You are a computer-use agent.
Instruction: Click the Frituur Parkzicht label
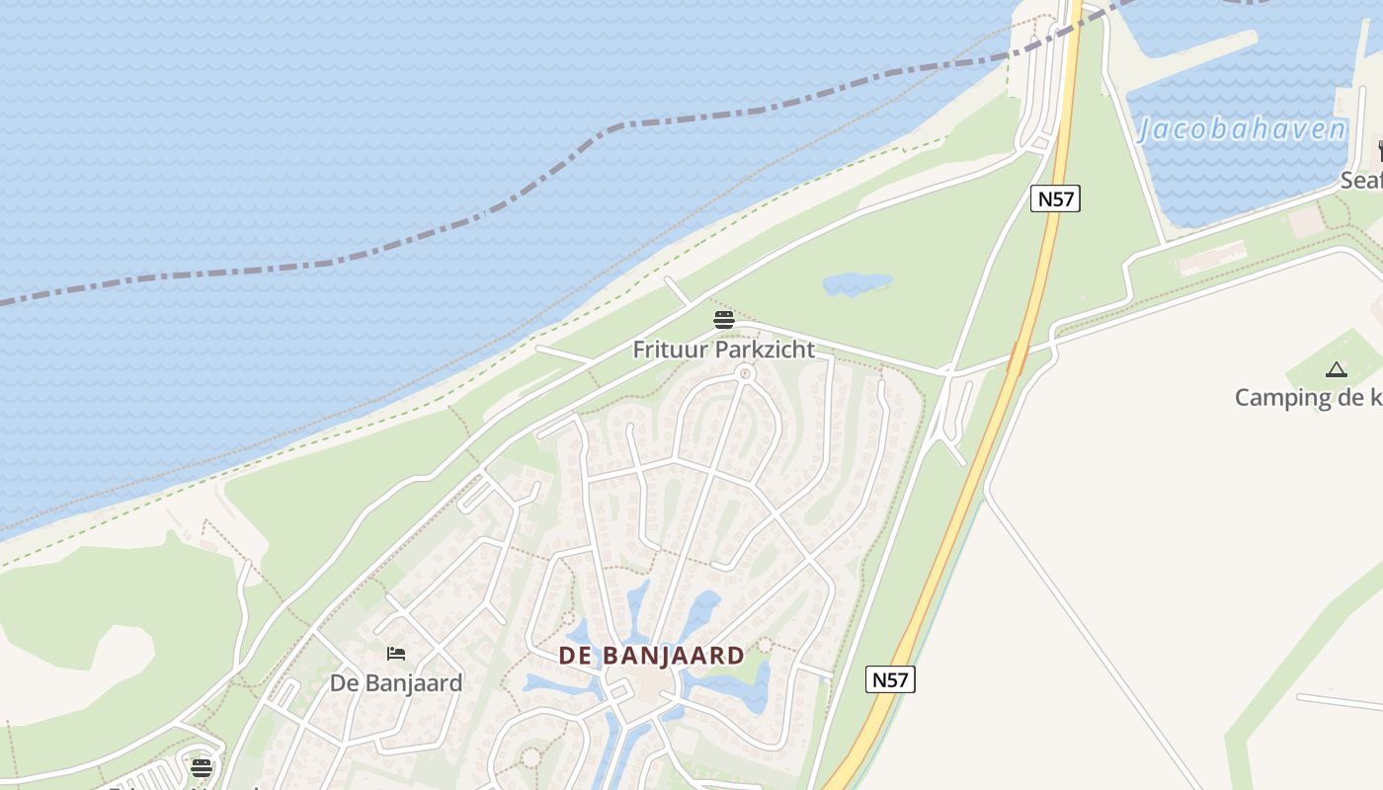tap(723, 350)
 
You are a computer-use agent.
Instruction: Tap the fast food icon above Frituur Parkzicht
tap(724, 320)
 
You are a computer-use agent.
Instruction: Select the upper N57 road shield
tap(1055, 198)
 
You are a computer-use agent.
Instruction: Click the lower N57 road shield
tap(890, 679)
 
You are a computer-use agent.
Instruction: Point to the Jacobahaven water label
tap(1243, 130)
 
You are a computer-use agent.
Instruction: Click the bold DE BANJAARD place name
tap(651, 656)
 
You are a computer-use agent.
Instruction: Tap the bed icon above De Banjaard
tap(396, 654)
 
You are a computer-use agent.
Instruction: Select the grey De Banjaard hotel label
tap(395, 683)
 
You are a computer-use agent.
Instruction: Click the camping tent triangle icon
tap(1337, 369)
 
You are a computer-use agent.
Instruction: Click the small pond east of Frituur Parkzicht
tap(856, 284)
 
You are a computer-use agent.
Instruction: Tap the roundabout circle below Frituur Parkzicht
tap(745, 373)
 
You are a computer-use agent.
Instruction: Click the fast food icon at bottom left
tap(202, 767)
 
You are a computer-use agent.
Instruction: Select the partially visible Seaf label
tap(1360, 181)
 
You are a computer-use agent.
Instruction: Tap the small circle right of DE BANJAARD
tap(765, 645)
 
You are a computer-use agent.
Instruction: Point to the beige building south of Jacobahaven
tap(1213, 259)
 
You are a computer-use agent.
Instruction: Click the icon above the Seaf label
tap(1379, 150)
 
